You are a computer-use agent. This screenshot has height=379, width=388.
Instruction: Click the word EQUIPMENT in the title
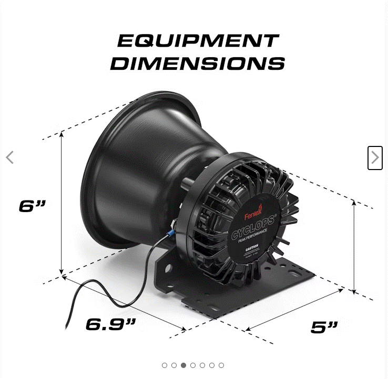pos(197,40)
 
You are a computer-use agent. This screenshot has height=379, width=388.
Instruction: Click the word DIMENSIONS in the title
pos(197,64)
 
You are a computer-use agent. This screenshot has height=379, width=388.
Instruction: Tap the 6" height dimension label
pos(33,206)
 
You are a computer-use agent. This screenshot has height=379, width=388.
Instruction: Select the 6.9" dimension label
pos(111,324)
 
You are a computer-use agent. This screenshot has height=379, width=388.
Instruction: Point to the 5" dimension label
pos(324,327)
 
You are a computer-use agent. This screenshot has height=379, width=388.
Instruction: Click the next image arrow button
pos(374,157)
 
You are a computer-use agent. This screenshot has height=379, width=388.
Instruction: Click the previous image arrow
pos(9,157)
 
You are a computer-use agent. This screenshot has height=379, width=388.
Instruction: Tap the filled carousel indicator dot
pos(183,365)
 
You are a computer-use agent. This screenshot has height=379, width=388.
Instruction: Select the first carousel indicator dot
pos(165,365)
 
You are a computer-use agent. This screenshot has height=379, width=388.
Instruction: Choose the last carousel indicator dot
pos(221,365)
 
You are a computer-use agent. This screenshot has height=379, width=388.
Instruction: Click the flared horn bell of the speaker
pos(131,168)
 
